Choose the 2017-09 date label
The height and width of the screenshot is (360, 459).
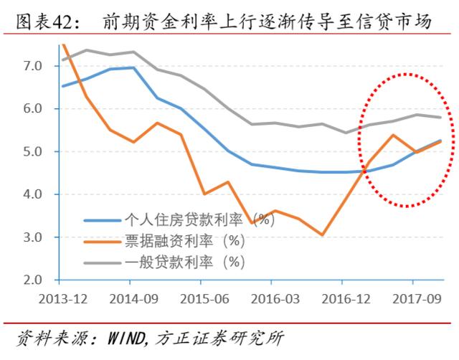[415, 297]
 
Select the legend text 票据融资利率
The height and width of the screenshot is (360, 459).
[167, 240]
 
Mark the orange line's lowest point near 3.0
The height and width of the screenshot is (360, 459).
[322, 235]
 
